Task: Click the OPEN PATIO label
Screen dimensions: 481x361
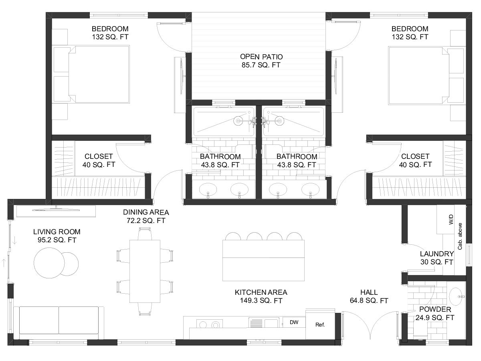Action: point(261,57)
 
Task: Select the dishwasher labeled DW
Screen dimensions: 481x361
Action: point(294,322)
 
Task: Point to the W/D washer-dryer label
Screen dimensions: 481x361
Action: point(451,219)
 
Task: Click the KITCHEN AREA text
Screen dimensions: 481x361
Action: point(261,292)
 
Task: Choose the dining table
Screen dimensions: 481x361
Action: point(145,272)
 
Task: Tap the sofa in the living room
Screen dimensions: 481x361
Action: point(59,323)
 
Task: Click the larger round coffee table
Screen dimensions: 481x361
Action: point(49,263)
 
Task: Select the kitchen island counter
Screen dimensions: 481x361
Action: point(263,260)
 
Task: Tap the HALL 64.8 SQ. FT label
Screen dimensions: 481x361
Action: point(369,296)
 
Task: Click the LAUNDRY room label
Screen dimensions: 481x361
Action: point(437,254)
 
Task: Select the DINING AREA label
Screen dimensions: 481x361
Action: point(146,212)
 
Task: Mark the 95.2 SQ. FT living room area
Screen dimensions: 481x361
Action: point(57,240)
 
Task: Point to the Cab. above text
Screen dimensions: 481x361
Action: point(460,236)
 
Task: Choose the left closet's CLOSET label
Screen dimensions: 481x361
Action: point(99,156)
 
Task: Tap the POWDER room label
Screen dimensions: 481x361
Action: point(435,309)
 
